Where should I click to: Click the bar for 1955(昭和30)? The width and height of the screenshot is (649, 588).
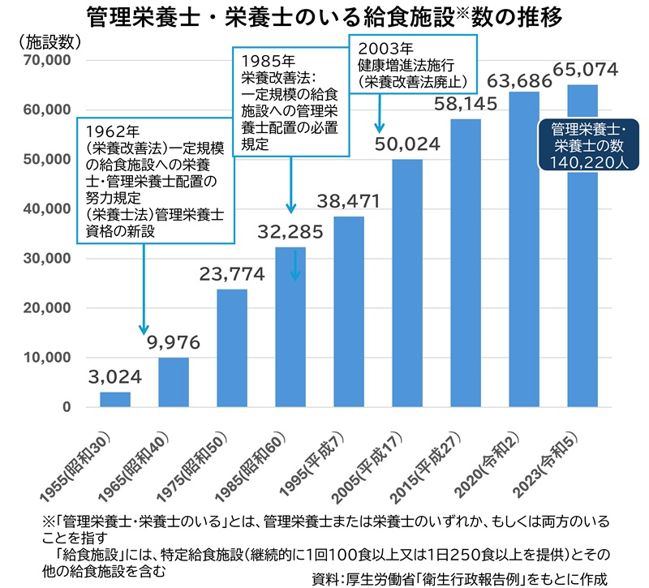115,399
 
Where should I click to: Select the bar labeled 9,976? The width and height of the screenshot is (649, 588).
173,382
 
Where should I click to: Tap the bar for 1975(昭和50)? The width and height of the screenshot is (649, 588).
232,348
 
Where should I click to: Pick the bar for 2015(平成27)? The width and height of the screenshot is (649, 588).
466,263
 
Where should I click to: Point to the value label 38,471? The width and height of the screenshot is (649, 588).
350,200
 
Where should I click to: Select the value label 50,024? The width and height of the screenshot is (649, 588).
408,144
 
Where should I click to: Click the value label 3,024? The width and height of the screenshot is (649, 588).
115,376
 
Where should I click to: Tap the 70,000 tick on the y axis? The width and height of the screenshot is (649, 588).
49,61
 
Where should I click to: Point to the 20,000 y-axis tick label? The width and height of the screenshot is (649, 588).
49,308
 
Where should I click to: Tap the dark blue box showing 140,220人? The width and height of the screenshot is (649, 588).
585,144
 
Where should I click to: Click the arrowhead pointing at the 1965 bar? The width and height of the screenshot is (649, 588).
144,329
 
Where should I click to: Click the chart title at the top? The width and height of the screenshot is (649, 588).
324,16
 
